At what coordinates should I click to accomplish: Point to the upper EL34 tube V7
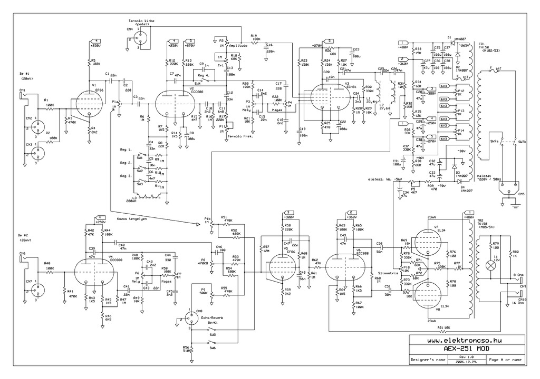[x=430, y=241]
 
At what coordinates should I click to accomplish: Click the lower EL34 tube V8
[x=430, y=293]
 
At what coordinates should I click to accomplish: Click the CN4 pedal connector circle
[x=141, y=37]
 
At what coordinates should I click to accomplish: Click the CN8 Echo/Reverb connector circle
[x=188, y=319]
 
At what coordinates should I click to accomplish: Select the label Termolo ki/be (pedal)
[x=142, y=22]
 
